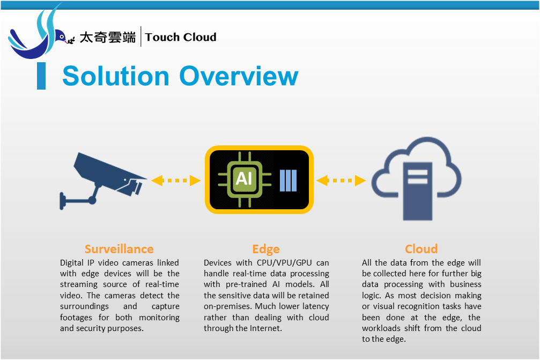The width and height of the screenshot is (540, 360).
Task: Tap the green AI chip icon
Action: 244,179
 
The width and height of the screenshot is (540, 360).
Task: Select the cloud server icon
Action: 416,179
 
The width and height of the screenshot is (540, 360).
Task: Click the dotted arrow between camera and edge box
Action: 176,180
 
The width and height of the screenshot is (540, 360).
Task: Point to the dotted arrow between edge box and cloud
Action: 341,180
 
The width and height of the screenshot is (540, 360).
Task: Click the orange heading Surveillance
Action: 119,249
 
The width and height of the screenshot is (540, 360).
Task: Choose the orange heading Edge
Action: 266,249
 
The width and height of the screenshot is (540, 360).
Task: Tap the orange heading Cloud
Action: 421,249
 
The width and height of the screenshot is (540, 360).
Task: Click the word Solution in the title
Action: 116,76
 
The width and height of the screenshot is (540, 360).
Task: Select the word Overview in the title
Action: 239,76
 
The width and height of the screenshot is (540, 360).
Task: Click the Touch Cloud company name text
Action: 181,37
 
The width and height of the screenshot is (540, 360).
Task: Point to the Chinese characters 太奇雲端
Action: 107,37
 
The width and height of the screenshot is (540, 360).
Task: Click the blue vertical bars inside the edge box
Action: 289,180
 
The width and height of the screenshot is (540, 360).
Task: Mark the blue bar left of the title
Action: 41,76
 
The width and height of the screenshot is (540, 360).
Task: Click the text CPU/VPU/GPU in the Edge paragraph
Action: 284,263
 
